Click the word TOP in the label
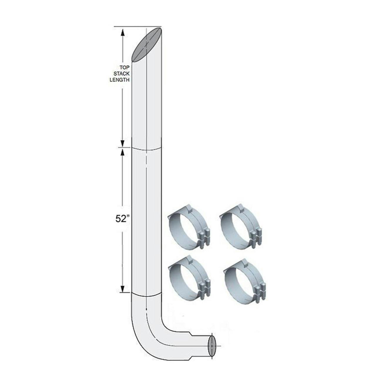pos(124,68)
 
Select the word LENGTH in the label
pos(120,80)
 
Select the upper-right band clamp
pos(241,227)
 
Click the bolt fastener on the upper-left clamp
pos(204,236)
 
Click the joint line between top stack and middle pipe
pos(146,148)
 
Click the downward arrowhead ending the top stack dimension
pos(123,143)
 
